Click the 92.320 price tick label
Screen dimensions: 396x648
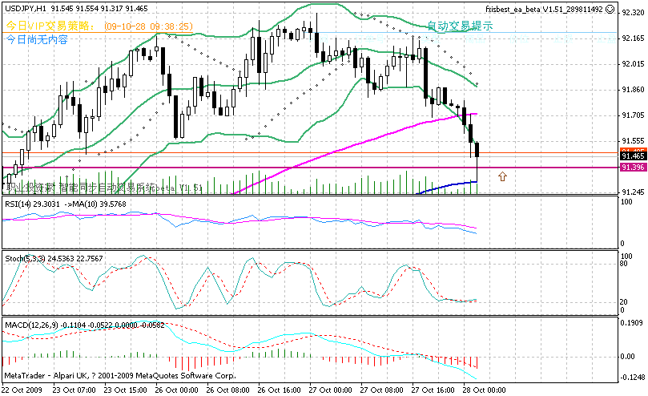(633, 13)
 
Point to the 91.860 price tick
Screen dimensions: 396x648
(633, 90)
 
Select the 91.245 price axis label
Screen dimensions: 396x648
(633, 192)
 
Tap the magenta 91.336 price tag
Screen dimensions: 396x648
(633, 168)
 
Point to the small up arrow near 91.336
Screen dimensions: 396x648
(502, 176)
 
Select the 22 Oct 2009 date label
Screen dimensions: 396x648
(22, 390)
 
